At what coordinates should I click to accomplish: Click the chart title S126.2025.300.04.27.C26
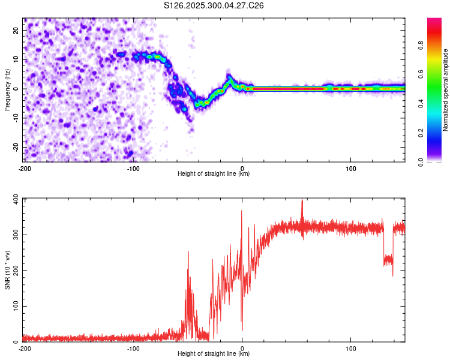click(x=214, y=5)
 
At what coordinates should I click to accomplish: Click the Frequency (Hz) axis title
click(x=7, y=89)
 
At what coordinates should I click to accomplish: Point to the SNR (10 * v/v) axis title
click(x=7, y=270)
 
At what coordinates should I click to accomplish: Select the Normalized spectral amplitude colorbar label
click(x=445, y=90)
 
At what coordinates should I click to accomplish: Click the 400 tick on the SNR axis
click(x=14, y=199)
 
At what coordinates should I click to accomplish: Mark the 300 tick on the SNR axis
click(x=14, y=235)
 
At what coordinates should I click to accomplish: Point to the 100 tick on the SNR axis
click(x=14, y=306)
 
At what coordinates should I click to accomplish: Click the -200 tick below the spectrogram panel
click(x=24, y=167)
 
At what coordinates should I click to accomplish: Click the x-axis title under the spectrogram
click(x=214, y=174)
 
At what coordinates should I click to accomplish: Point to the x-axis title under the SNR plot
click(x=214, y=354)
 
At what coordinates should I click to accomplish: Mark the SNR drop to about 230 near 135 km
click(x=388, y=260)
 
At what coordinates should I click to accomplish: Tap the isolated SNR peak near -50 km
click(x=188, y=253)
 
